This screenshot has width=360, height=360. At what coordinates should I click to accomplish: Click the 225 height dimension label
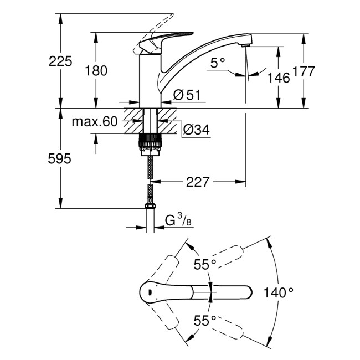point(60,61)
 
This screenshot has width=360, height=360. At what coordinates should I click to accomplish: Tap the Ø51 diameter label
point(186,95)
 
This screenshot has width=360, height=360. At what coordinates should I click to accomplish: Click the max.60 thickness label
point(94,122)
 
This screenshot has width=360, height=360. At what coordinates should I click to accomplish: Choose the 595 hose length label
point(60,159)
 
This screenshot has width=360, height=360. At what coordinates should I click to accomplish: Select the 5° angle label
point(218,64)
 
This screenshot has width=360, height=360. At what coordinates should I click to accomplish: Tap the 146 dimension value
point(277,78)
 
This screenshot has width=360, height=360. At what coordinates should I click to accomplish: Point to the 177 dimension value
point(304,71)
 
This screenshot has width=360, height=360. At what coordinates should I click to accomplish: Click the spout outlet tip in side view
point(246,41)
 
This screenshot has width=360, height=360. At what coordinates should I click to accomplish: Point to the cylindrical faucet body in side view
point(148,80)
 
